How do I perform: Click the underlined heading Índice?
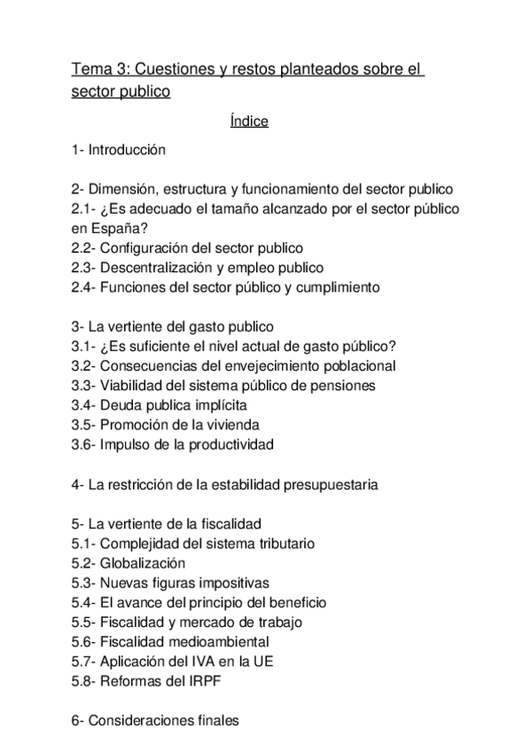248,121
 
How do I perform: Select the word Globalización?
143,563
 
